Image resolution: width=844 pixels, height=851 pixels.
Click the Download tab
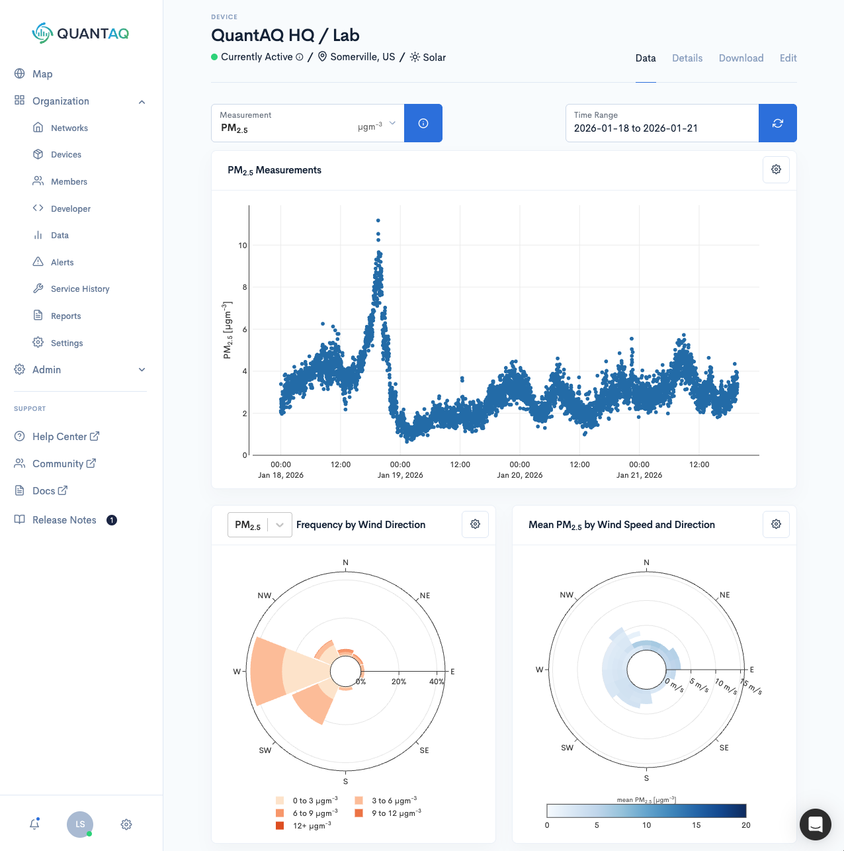[x=741, y=58]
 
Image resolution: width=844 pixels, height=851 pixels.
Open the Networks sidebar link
[x=69, y=128]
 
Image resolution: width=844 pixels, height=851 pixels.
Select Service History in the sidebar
[x=79, y=289]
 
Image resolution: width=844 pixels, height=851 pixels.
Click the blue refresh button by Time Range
[x=777, y=123]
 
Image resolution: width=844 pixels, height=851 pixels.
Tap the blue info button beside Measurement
[x=423, y=123]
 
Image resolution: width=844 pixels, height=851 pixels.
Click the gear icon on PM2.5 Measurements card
[x=776, y=169]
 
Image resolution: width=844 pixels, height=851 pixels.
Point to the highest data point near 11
[x=378, y=220]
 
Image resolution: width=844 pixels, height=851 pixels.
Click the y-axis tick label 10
[x=242, y=246]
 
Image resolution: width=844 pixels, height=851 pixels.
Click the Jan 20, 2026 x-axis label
[x=519, y=475]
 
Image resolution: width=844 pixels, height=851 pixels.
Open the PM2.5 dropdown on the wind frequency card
[x=259, y=525]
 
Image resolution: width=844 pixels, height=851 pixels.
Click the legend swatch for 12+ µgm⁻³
[x=280, y=825]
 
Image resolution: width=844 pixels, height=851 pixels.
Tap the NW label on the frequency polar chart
[x=264, y=596]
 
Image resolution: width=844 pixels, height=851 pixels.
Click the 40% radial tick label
[x=436, y=682]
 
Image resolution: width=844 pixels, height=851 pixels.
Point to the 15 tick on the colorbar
[x=696, y=825]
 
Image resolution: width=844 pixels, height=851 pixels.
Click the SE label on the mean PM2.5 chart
[x=724, y=748]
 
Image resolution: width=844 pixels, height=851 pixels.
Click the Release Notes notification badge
[x=112, y=520]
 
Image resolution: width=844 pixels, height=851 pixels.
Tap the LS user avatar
[x=80, y=825]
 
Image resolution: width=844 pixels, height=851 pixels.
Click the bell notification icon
[x=34, y=825]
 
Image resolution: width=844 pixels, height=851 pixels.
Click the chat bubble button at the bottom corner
[x=815, y=824]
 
